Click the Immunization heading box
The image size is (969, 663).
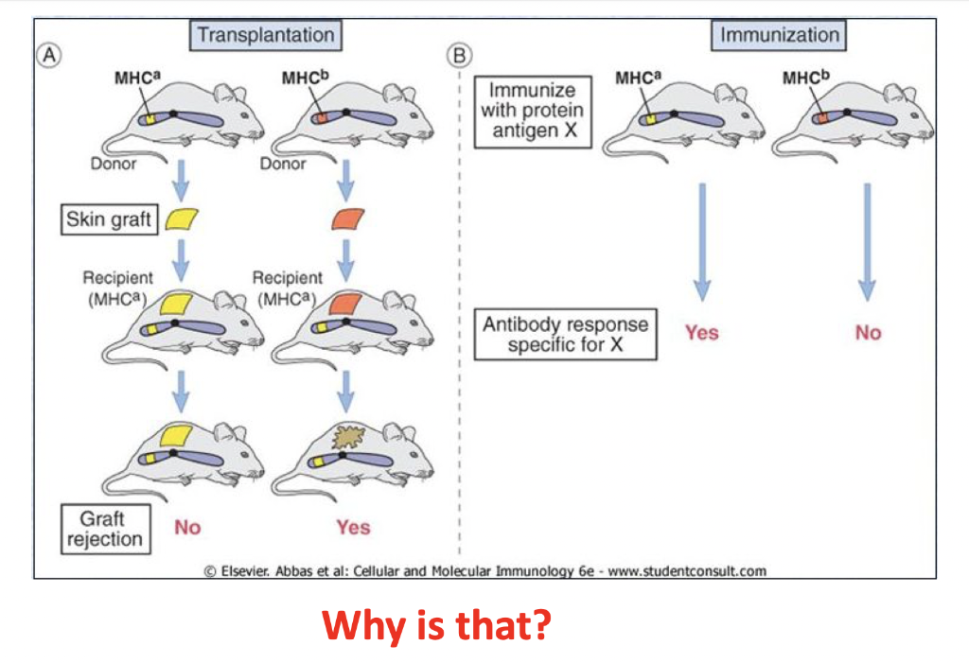779,35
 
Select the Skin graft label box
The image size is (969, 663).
108,220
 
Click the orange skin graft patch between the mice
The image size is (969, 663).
347,219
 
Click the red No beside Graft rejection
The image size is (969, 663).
187,528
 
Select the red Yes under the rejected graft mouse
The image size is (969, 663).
352,528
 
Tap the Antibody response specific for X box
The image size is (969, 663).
565,334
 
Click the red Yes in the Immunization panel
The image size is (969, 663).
701,333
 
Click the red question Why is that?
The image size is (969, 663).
435,625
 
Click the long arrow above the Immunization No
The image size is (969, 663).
867,240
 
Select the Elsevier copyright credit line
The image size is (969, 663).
484,570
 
